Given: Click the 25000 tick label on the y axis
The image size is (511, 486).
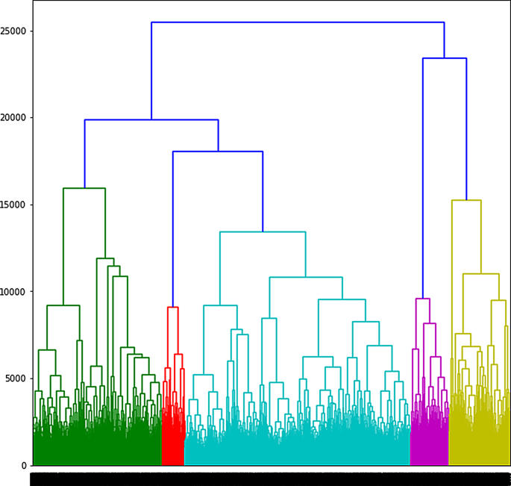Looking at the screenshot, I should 14,31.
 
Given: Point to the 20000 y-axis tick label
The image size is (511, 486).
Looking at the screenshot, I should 14,118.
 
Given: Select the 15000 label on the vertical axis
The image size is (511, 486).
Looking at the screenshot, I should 14,205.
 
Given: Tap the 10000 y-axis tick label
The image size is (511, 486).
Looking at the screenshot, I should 14,292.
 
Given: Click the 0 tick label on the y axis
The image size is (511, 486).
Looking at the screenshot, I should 25,466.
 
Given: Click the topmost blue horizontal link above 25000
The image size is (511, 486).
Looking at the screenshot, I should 298,22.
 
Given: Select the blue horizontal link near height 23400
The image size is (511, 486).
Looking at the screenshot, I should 445,58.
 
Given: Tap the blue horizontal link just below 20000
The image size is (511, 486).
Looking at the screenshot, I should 151,119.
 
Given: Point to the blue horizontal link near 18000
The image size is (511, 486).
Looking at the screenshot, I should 218,152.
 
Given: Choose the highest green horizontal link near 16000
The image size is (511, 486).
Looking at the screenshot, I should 84,188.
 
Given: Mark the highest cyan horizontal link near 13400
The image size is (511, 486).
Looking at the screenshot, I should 263,232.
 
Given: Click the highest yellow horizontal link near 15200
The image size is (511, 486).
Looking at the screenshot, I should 466,200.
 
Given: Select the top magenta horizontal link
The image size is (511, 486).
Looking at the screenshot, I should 422,299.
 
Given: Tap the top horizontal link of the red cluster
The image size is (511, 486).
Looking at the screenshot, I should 173,307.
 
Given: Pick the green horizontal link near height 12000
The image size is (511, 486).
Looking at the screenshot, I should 105,258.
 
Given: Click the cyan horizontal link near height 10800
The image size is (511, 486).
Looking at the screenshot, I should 306,278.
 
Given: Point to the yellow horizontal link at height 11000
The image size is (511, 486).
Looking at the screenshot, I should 481,274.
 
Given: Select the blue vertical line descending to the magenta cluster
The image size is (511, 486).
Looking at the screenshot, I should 423,179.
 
